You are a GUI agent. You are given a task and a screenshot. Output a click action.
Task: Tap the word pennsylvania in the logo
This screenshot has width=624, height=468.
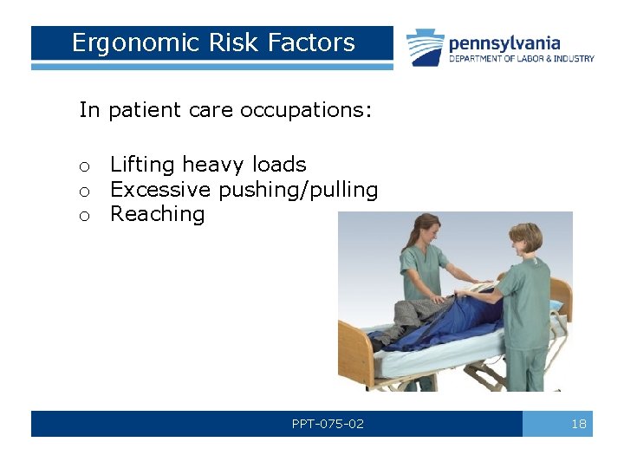coord(504,43)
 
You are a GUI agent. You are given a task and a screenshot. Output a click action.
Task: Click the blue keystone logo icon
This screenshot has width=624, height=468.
coord(426,48)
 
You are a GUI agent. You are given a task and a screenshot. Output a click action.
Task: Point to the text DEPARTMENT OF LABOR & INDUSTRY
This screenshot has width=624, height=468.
coord(521,59)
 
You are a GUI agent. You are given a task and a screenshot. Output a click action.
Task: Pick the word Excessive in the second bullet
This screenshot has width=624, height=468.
coord(161,190)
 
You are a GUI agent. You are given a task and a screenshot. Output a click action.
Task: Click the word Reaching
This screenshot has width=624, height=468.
coord(157,214)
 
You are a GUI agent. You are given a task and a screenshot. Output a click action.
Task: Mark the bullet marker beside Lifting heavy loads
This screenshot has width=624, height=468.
coord(85,166)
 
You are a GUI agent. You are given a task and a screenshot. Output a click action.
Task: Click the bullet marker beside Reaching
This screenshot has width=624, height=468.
coord(85,216)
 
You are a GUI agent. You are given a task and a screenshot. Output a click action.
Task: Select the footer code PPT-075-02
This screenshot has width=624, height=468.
coord(328,424)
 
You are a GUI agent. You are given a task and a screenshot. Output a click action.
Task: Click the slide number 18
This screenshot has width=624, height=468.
coord(579,424)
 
